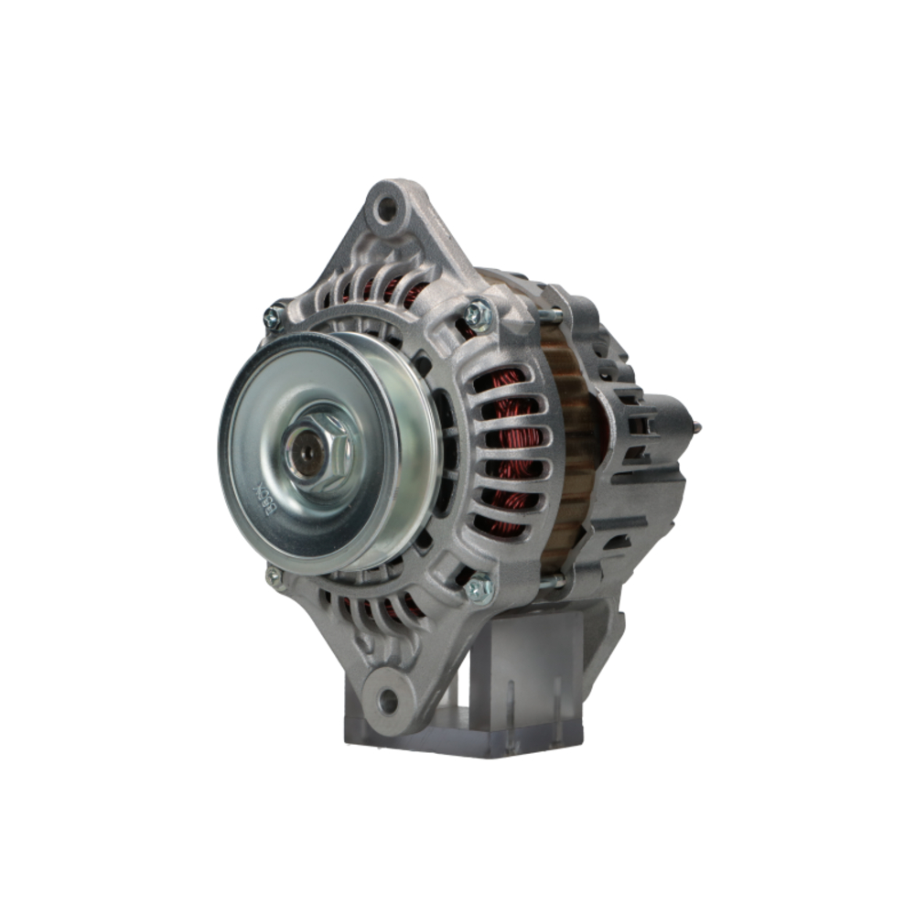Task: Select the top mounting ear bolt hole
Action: coord(386,208)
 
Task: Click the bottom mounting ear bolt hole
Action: coord(388,702)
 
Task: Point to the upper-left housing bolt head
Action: coord(274,317)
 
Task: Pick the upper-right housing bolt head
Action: coord(477,315)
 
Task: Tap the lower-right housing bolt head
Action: coord(478,588)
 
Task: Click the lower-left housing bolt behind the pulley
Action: coord(273,576)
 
